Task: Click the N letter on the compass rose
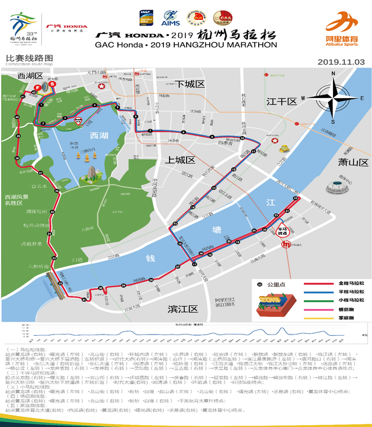click(333, 73)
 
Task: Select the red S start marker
click(52, 84)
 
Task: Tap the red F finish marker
click(38, 87)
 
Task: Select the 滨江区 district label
click(184, 309)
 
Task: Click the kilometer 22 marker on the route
click(295, 199)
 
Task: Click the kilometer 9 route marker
click(212, 137)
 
